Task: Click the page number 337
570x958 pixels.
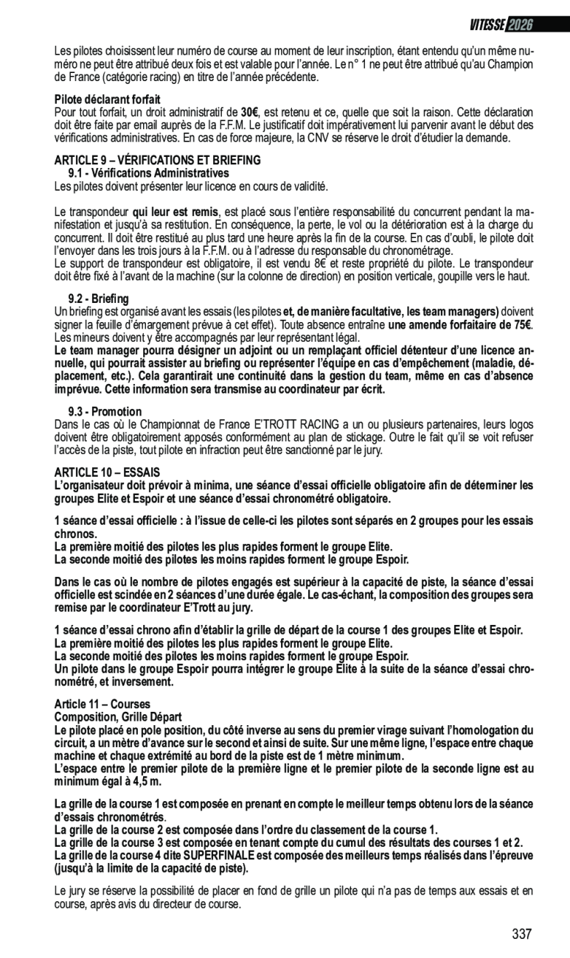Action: (x=522, y=934)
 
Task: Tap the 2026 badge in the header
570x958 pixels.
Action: (x=519, y=25)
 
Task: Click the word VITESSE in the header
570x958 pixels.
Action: (x=487, y=25)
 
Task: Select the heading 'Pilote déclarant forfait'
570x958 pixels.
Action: (x=108, y=99)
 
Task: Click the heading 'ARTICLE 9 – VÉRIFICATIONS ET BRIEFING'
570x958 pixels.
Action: (x=158, y=160)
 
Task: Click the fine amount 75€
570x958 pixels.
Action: (x=522, y=325)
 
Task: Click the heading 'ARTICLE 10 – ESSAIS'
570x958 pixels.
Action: (x=108, y=472)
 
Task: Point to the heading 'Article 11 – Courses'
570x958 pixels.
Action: (x=102, y=704)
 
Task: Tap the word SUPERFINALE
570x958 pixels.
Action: (x=218, y=855)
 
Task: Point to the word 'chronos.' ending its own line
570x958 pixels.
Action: (x=76, y=534)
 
